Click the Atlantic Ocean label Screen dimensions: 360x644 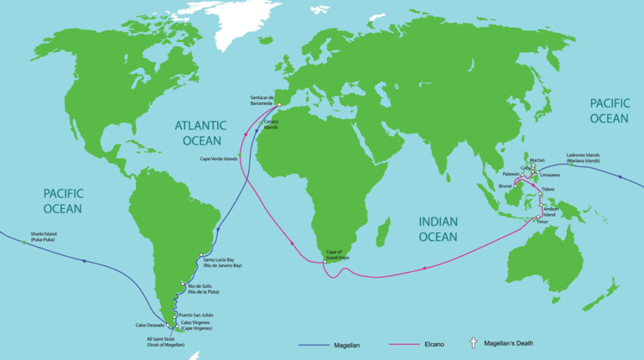(x=198, y=133)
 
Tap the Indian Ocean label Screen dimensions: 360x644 (x=438, y=229)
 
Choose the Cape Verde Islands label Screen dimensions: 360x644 (x=218, y=159)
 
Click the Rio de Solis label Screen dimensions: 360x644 (x=200, y=290)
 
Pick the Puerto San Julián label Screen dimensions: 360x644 (x=197, y=315)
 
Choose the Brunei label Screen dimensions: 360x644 (x=505, y=186)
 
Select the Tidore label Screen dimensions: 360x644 (x=548, y=190)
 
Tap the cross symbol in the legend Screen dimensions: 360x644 (x=473, y=342)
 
